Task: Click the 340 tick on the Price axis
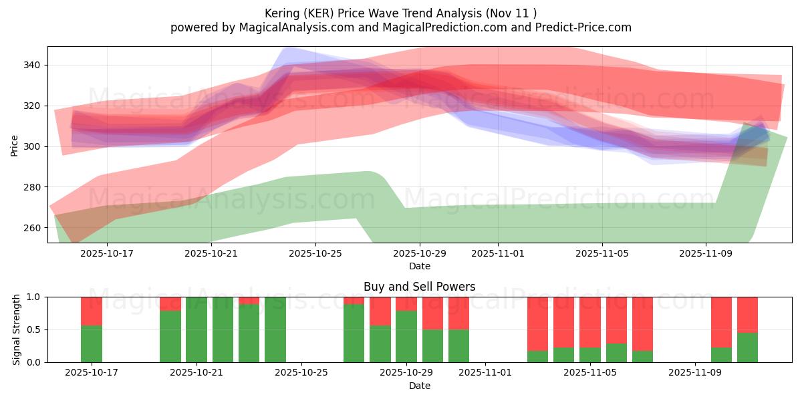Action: (33, 65)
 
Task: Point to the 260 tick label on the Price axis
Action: (33, 228)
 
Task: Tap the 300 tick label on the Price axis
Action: (33, 146)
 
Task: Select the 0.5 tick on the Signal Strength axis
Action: (33, 329)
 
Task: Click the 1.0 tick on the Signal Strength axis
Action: (33, 297)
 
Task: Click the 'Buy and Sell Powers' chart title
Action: (419, 287)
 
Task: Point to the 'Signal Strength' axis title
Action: (17, 329)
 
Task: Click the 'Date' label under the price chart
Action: (419, 266)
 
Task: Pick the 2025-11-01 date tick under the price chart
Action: (498, 253)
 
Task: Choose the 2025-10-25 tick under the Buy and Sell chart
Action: (302, 372)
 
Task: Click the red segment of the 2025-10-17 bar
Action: (92, 311)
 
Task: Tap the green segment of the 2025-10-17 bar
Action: (92, 344)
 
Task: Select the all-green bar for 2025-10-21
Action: (196, 329)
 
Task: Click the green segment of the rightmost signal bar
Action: (747, 348)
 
